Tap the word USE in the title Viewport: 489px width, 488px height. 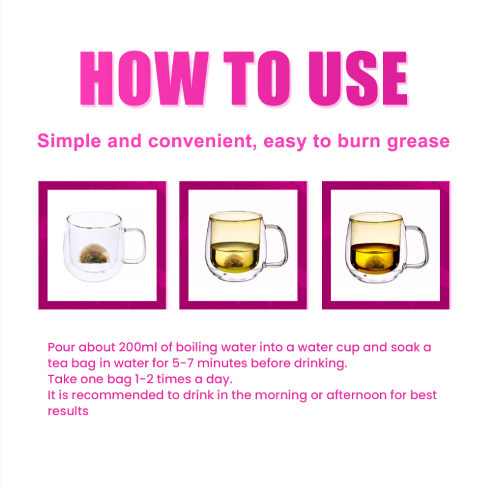tap(358, 78)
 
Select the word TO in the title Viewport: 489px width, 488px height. tap(257, 78)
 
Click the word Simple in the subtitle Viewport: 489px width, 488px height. tap(69, 142)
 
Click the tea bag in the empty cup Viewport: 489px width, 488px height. tap(93, 253)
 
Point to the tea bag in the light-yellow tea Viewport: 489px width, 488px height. tap(234, 261)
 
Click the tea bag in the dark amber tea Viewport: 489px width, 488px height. tap(375, 261)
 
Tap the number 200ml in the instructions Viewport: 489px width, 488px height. tap(138, 347)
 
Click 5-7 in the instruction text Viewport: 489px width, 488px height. tap(183, 363)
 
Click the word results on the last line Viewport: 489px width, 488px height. tap(68, 411)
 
